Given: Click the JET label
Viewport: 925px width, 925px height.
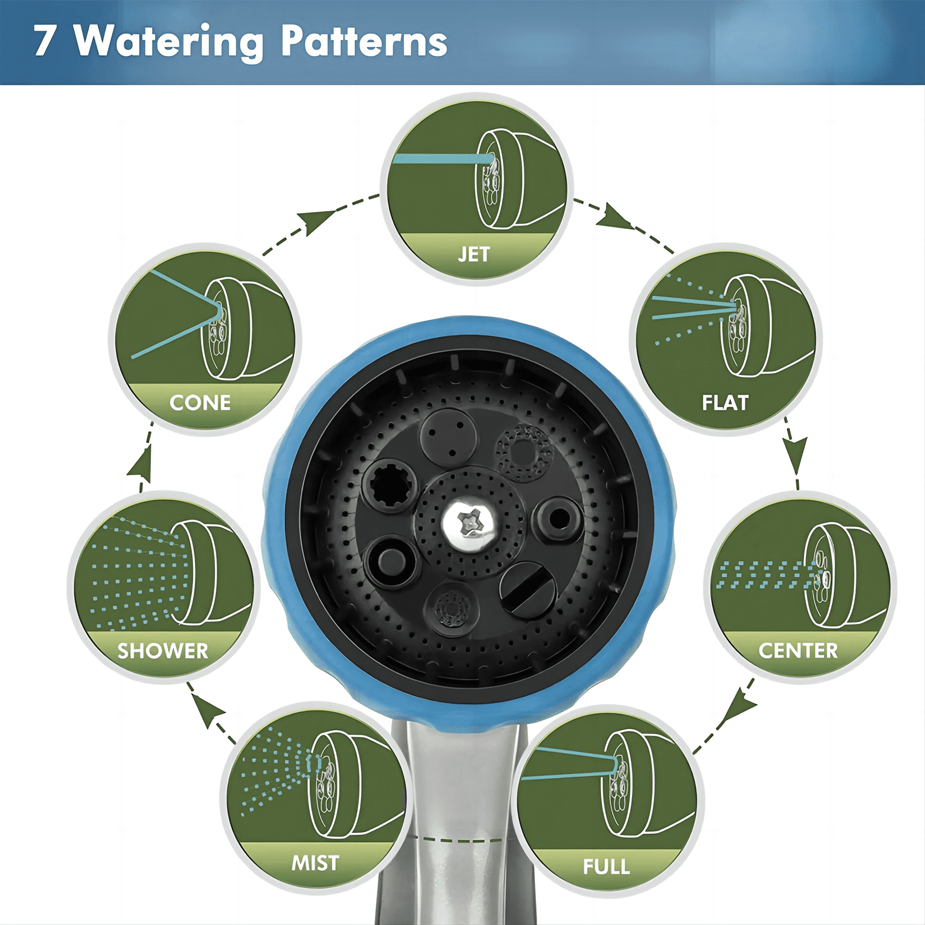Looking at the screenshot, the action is pos(473,254).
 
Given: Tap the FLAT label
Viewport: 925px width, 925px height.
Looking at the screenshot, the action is pos(725,402).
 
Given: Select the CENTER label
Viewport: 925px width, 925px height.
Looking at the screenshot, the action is pos(798,650).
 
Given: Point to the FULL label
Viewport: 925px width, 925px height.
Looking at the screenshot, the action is pos(606,867).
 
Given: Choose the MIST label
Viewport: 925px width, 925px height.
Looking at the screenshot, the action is pos(315,863).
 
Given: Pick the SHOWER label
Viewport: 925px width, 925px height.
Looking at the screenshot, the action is pos(162,651).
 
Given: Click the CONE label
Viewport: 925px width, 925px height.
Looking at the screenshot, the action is pos(200,402).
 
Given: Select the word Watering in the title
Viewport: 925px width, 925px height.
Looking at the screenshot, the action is pos(169,43).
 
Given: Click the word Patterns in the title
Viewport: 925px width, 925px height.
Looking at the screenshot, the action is pos(364,41).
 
